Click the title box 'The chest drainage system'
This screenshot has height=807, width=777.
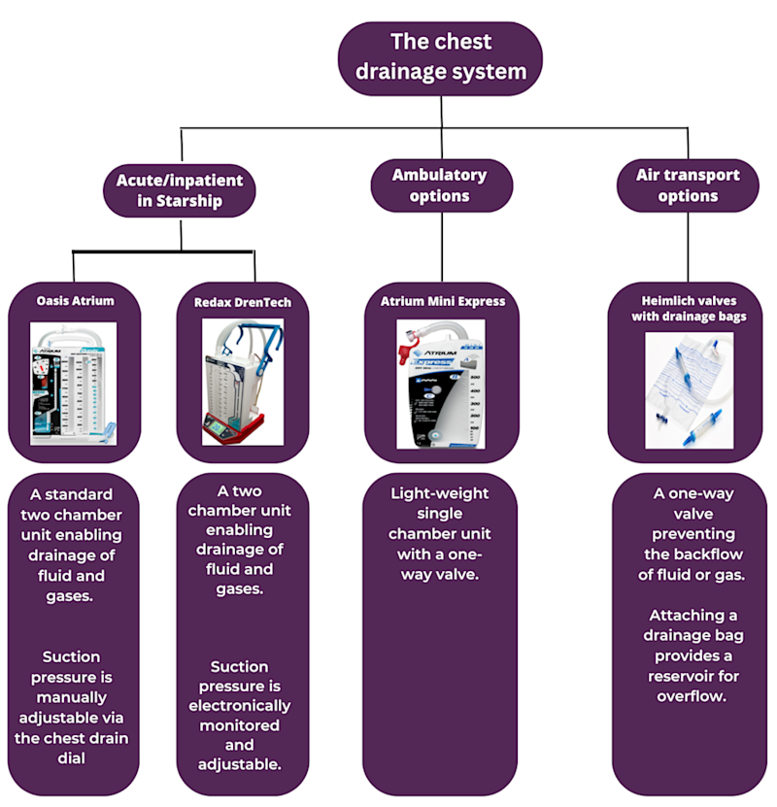tap(440, 57)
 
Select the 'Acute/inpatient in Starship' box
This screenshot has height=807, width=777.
tap(180, 190)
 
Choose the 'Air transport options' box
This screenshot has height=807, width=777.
tap(687, 185)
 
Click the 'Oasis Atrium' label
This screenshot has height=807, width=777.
tap(75, 301)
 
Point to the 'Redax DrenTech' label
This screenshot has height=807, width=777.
tap(236, 302)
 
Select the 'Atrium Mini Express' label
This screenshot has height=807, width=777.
tap(442, 301)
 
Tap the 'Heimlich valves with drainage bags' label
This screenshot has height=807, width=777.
tap(687, 308)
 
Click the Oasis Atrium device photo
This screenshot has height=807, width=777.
tap(74, 384)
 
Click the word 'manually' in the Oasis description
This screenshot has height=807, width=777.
tap(74, 697)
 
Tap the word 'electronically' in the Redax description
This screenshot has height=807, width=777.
tap(239, 706)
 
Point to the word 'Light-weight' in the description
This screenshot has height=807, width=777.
tap(440, 493)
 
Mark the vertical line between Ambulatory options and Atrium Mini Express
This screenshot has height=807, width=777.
tap(441, 247)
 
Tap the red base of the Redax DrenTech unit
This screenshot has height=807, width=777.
tap(233, 432)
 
